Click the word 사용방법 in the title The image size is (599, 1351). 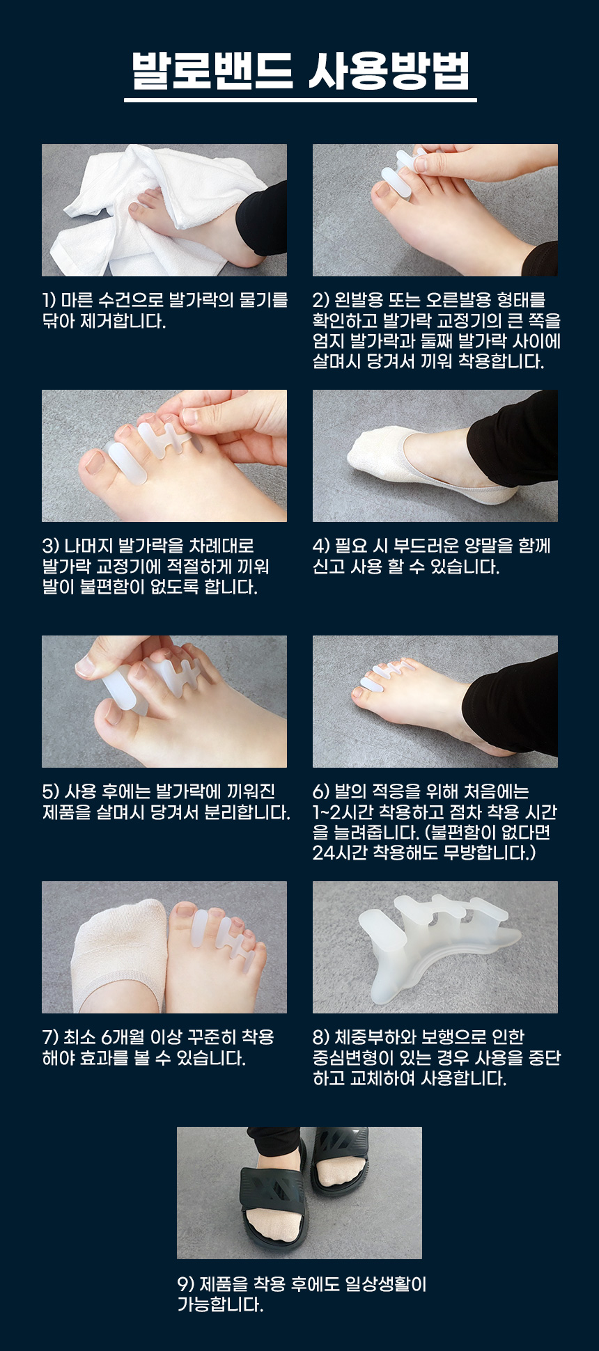coord(389,70)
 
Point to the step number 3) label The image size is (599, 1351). coord(51,546)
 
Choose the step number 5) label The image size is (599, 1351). coord(51,791)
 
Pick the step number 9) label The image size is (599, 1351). coord(186,1283)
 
